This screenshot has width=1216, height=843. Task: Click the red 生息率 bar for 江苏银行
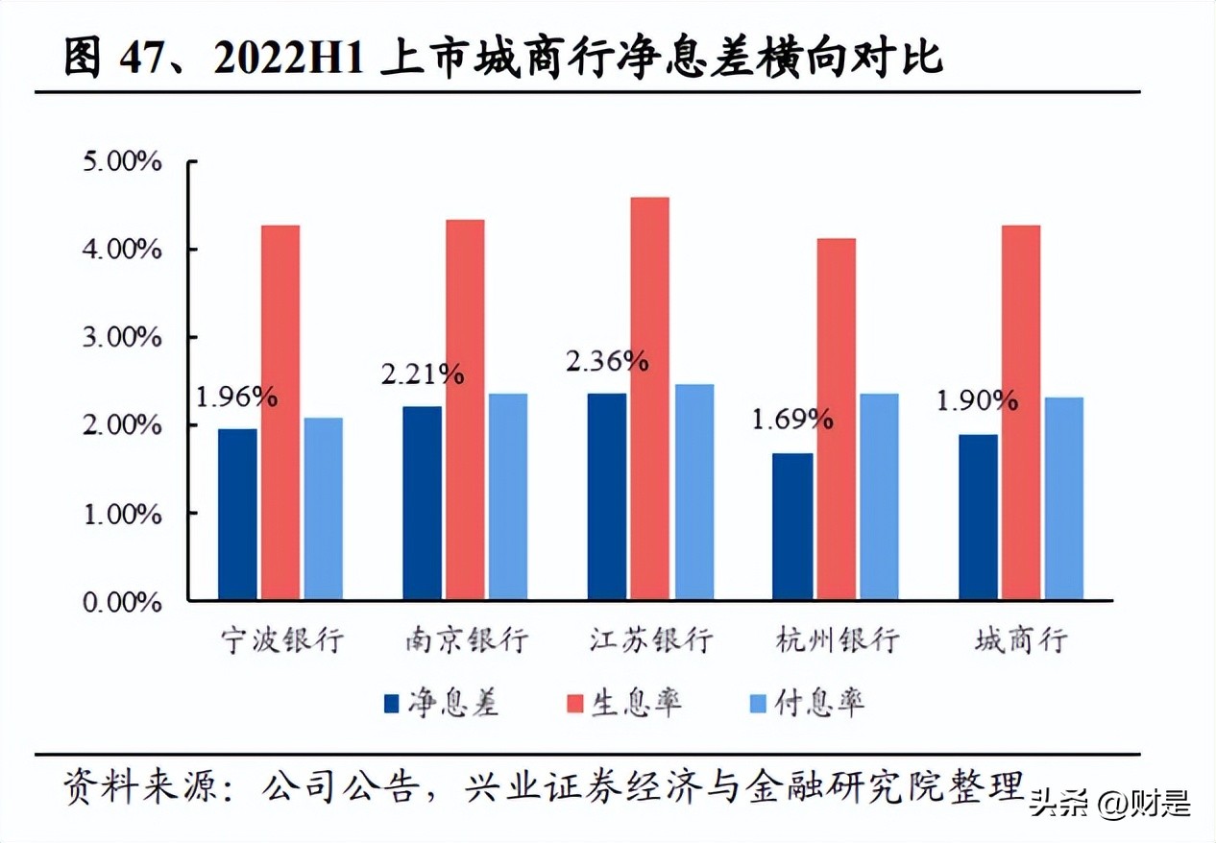650,398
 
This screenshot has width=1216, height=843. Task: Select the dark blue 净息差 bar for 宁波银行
237,515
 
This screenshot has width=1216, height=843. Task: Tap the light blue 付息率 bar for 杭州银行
879,496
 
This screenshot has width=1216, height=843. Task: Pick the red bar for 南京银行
465,410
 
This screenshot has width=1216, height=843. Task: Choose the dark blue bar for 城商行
978,518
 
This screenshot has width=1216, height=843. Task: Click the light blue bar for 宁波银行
324,509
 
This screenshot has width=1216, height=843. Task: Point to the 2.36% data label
607,361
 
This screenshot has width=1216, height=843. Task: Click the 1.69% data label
791,419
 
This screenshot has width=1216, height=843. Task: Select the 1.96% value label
236,396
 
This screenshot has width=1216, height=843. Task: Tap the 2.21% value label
422,373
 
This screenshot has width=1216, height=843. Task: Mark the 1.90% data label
977,399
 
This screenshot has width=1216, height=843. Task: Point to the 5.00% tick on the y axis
122,160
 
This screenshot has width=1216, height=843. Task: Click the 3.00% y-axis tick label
122,337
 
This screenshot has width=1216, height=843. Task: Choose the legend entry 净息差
441,703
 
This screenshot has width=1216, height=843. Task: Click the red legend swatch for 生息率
575,704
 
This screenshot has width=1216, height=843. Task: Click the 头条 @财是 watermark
1109,802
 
